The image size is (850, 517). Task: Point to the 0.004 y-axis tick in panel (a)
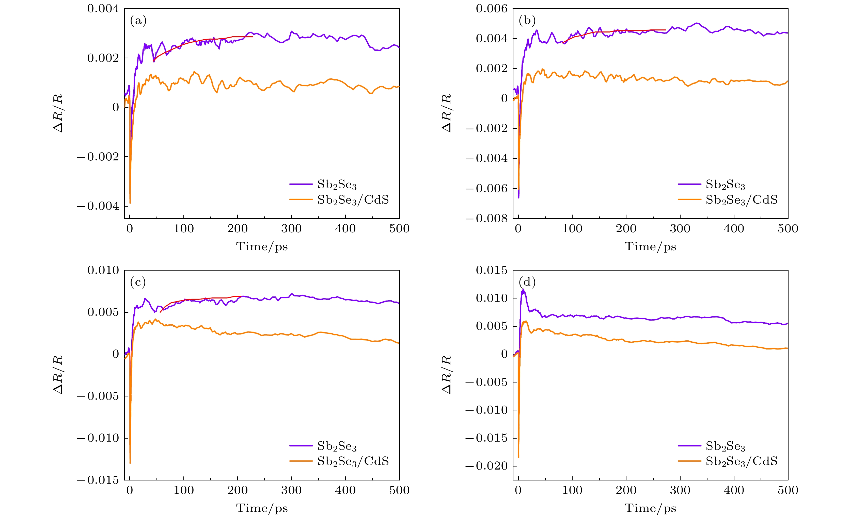tap(103, 9)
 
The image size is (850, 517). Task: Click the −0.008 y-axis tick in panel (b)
tap(487, 219)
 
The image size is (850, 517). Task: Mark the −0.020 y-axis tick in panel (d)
tap(487, 466)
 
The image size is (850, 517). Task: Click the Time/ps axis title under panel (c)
tap(262, 508)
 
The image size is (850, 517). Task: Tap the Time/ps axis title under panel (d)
tap(650, 508)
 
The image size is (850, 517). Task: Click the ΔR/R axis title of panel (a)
tap(58, 113)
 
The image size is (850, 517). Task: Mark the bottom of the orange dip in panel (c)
tap(130, 463)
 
